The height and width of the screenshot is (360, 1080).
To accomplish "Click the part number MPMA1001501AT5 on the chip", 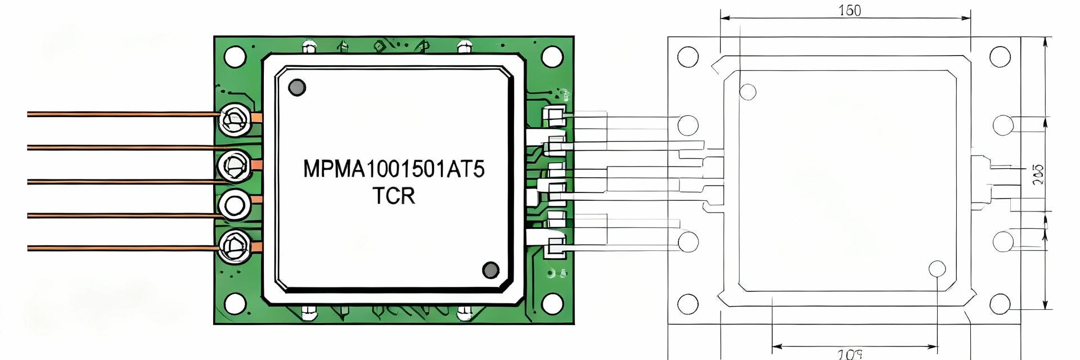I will [x=394, y=169].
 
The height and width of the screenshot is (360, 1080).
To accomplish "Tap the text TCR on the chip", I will [x=394, y=196].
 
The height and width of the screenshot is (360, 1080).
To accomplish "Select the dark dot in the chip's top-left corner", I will [x=296, y=87].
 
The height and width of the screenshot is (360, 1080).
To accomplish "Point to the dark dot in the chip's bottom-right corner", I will [x=491, y=270].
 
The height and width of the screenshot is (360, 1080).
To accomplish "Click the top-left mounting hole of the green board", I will [x=235, y=56].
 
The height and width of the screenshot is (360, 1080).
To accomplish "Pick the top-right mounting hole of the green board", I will [x=552, y=56].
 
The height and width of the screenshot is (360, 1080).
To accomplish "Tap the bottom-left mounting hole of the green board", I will [x=235, y=304].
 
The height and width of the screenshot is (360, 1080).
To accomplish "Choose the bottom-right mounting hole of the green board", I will [x=552, y=304].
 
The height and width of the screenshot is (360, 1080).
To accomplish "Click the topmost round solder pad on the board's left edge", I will [x=234, y=119].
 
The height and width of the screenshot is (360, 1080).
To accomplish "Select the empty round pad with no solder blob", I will [x=234, y=204].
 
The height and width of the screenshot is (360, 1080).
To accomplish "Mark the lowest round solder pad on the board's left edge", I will [x=234, y=245].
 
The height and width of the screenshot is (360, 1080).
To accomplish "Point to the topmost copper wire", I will [x=124, y=114].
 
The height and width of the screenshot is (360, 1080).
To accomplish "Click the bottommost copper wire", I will [x=124, y=247].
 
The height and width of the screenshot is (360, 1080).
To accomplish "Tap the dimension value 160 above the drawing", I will [x=849, y=11].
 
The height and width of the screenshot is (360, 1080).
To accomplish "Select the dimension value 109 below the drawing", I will [x=850, y=354].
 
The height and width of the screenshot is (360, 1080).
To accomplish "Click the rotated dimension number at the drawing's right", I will [x=1038, y=174].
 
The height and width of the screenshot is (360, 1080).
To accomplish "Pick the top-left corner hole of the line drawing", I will [x=688, y=57].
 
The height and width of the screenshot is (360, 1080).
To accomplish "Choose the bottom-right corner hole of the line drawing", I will [x=1000, y=304].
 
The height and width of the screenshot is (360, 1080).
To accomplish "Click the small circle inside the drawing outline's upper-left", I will [x=748, y=92].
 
